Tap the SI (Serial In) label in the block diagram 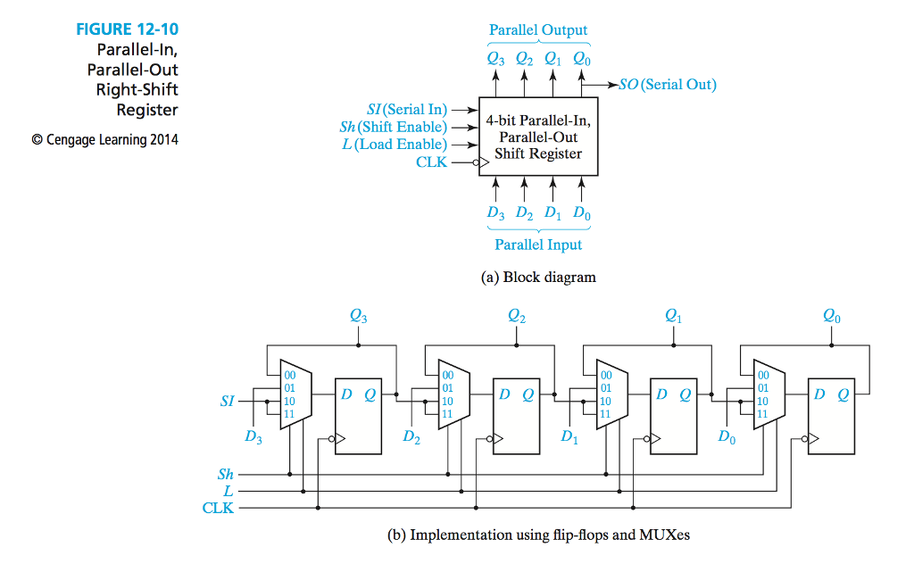(407, 109)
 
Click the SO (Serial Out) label (668, 85)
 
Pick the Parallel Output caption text (538, 29)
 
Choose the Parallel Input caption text (538, 245)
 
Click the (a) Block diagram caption (538, 277)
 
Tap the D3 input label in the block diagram (496, 213)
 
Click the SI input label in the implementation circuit (228, 402)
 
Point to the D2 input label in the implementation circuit (411, 436)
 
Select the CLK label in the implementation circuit (219, 508)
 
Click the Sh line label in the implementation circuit (226, 475)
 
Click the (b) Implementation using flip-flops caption (538, 535)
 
